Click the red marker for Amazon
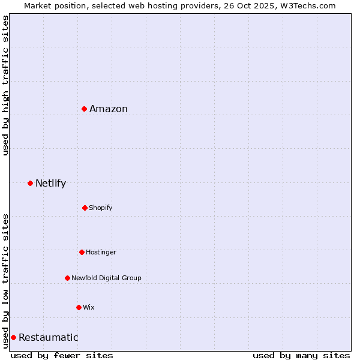[x=85, y=109]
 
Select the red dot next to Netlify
[x=30, y=183]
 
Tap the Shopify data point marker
[x=85, y=208]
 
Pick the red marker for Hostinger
[x=82, y=252]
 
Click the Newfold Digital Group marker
[x=67, y=278]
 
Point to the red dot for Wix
[x=79, y=307]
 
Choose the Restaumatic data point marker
[x=13, y=337]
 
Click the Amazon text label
[x=109, y=109]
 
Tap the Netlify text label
[x=50, y=183]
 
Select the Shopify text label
[x=101, y=208]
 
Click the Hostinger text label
[x=101, y=252]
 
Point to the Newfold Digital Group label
[x=106, y=278]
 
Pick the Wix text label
[x=89, y=307]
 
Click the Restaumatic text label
[x=48, y=337]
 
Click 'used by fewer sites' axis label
[x=62, y=355]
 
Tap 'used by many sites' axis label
[x=301, y=355]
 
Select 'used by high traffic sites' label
[x=5, y=85]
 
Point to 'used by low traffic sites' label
[x=5, y=280]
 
